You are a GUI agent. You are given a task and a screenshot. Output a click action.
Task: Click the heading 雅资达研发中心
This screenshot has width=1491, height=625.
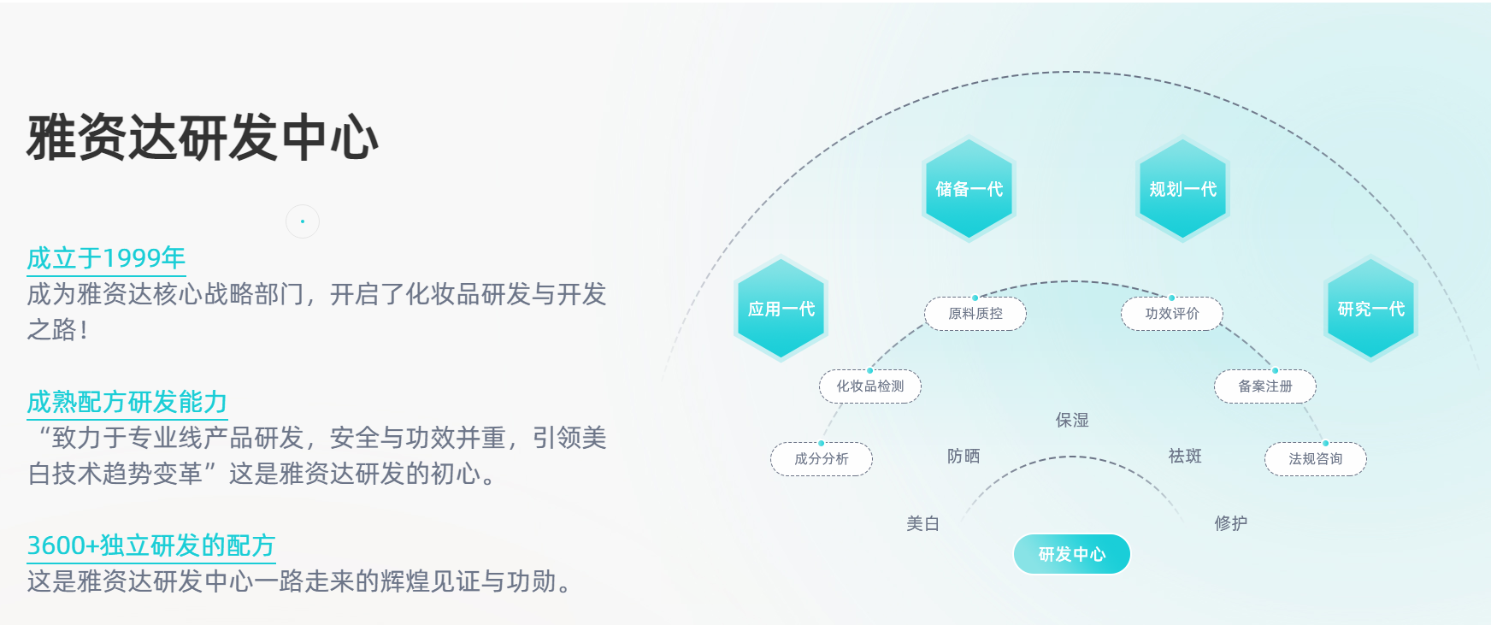click(203, 138)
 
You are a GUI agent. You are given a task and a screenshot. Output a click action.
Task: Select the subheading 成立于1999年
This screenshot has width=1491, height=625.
click(106, 257)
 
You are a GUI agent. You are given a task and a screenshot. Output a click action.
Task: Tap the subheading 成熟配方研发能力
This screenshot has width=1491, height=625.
click(127, 401)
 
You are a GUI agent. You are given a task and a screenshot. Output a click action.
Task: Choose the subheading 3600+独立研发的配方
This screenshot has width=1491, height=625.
click(150, 545)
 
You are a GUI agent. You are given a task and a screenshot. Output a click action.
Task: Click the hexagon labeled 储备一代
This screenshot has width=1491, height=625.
click(969, 189)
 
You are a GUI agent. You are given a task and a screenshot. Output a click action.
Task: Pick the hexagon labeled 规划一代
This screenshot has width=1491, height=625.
click(1182, 189)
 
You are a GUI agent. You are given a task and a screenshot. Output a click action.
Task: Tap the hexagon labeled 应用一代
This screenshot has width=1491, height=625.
click(781, 309)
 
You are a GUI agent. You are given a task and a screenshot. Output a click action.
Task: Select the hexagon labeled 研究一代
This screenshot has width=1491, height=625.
click(1370, 309)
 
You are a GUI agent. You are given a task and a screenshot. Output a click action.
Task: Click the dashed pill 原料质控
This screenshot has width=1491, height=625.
click(975, 314)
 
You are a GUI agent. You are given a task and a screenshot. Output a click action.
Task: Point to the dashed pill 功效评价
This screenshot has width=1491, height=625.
click(1172, 314)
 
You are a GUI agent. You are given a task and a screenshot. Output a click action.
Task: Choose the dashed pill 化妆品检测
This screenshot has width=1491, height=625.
click(870, 386)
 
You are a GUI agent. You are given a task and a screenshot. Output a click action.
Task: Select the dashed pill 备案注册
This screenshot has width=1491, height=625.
click(1265, 386)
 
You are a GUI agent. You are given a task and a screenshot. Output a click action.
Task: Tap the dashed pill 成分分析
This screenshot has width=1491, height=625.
click(822, 459)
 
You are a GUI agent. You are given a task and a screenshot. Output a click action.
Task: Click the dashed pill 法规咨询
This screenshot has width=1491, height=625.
click(1316, 459)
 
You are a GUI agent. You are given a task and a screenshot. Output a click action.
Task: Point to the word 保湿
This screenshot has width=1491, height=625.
click(1072, 420)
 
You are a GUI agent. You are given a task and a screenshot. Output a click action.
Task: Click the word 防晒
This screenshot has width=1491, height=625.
click(964, 456)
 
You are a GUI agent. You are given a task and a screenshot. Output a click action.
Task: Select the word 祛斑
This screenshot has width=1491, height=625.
click(1185, 456)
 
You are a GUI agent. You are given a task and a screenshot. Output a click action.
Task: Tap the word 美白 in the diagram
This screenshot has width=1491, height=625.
click(923, 523)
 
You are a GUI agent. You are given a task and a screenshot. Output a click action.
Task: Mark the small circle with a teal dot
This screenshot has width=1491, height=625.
click(303, 221)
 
